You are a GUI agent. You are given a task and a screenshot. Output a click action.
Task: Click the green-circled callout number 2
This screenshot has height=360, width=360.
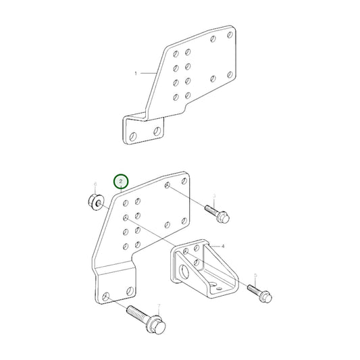coord(121,182)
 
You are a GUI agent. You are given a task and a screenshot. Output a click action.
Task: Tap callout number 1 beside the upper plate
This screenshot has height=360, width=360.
coord(136,73)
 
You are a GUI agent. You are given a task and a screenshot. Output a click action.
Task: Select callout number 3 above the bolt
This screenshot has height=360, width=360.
coord(214,197)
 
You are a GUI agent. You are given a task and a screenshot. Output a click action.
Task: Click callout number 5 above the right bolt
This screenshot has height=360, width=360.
coord(255,276)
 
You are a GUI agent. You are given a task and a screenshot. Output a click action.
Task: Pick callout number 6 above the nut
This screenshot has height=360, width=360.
coord(95,184)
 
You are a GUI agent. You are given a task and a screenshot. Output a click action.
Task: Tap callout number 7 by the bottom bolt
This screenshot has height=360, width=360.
coord(158,307)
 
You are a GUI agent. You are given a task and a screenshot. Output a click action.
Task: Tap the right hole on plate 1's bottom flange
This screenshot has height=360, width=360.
coord(157,128)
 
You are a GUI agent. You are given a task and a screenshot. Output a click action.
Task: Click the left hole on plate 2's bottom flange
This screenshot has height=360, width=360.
coord(106,296)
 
